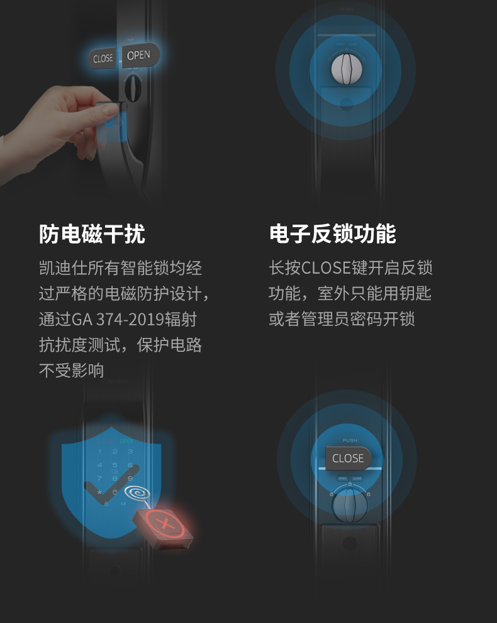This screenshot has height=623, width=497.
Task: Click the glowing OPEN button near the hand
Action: [x=139, y=55]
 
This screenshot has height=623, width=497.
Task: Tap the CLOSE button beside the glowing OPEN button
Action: [x=103, y=59]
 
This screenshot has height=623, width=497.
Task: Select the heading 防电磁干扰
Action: [x=92, y=233]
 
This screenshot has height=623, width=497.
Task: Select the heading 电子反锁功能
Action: [x=332, y=233]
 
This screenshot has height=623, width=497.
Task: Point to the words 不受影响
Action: [x=71, y=371]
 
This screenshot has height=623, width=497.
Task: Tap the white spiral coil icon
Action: [x=138, y=494]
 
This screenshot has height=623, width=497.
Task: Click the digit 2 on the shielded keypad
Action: [x=114, y=452]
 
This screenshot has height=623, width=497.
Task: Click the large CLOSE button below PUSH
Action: [x=348, y=458]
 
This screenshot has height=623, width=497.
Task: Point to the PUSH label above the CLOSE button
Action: [x=350, y=441]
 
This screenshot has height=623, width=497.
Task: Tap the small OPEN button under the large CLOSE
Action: [x=342, y=478]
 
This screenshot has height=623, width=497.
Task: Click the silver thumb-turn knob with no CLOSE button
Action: [x=345, y=69]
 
